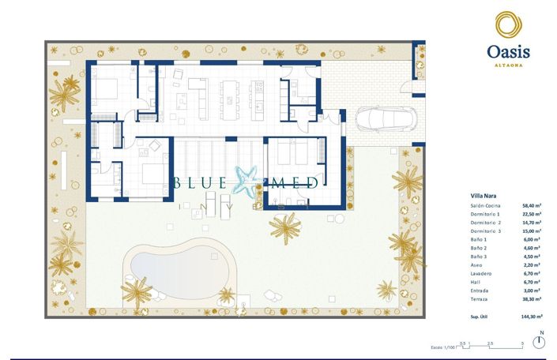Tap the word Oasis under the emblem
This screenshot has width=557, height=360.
point(507,51)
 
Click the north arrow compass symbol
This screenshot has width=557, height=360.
point(539,342)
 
